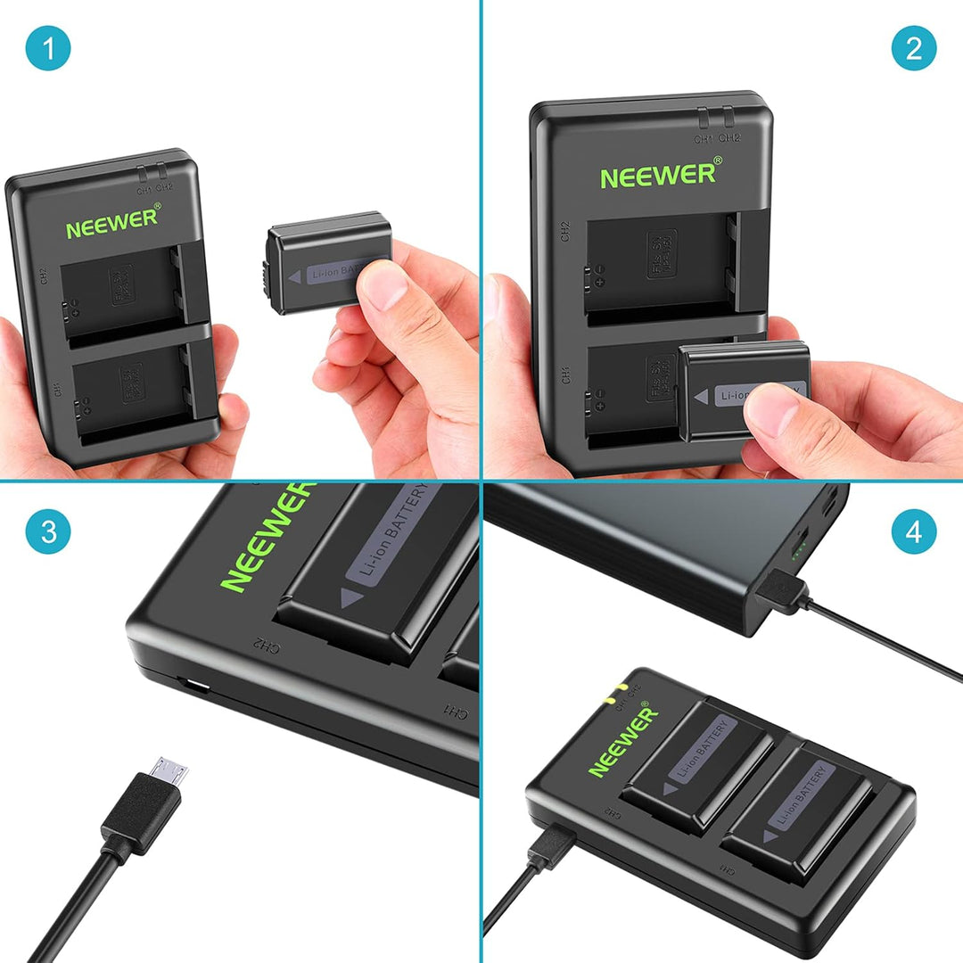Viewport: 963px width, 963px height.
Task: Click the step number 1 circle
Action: pos(47,48)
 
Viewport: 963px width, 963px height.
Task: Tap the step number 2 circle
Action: pos(914,48)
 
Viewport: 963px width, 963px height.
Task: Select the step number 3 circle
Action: pos(47,532)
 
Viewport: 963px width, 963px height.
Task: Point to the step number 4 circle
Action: pos(914,532)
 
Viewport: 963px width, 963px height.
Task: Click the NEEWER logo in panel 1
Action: pos(112,222)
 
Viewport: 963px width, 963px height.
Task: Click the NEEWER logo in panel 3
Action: pos(267,537)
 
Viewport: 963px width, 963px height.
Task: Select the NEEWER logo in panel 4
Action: pos(622,739)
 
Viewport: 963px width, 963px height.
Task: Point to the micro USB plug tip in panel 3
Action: pos(170,770)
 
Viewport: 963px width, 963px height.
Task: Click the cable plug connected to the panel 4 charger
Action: pos(548,846)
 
